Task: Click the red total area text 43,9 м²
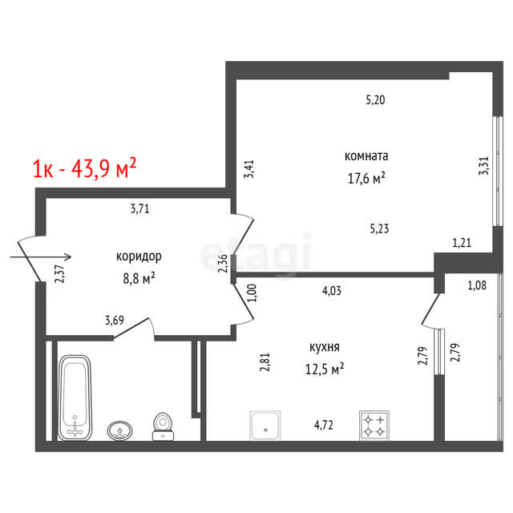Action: [103, 168]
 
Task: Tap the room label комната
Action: [366, 156]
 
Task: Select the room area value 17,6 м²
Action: [366, 178]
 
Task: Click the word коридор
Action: [139, 256]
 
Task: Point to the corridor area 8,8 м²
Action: [139, 278]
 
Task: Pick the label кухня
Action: [324, 347]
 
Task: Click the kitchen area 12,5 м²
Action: [324, 369]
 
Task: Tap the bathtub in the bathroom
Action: [75, 398]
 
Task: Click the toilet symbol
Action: [163, 426]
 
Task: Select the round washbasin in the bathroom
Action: [119, 430]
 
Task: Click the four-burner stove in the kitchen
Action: [374, 426]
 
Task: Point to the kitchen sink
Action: [265, 426]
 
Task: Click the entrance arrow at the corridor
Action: [41, 256]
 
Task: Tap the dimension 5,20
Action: [375, 99]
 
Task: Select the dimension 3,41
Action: [249, 169]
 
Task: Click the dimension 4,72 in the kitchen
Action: [324, 425]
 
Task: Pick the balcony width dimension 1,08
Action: [477, 285]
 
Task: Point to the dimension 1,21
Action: [462, 243]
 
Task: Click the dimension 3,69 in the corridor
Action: [115, 320]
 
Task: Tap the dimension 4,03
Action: [331, 290]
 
